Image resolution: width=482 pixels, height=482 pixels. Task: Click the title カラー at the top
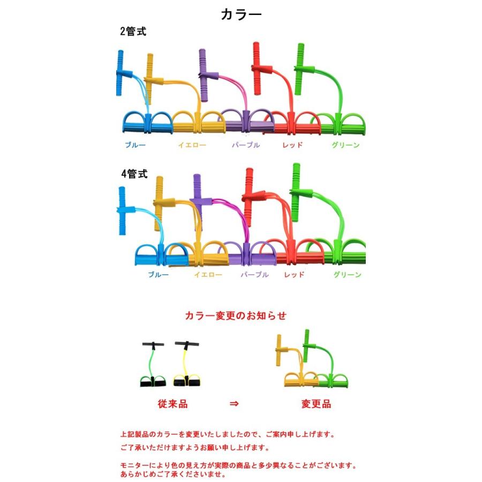point(241,14)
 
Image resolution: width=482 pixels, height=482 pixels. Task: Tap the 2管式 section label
point(133,32)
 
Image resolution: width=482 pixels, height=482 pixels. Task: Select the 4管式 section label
point(134,174)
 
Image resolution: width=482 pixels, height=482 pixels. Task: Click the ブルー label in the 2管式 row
point(135,145)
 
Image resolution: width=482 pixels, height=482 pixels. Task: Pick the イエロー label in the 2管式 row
point(191,145)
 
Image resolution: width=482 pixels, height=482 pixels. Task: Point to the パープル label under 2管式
point(246,145)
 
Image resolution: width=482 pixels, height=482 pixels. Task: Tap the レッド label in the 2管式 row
point(292,145)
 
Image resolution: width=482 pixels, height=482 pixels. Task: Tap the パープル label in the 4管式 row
point(254,275)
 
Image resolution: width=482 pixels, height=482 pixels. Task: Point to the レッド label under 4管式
point(294,275)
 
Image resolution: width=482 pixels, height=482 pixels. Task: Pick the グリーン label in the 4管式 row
point(347,275)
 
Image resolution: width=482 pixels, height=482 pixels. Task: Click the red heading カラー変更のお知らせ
point(236,316)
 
